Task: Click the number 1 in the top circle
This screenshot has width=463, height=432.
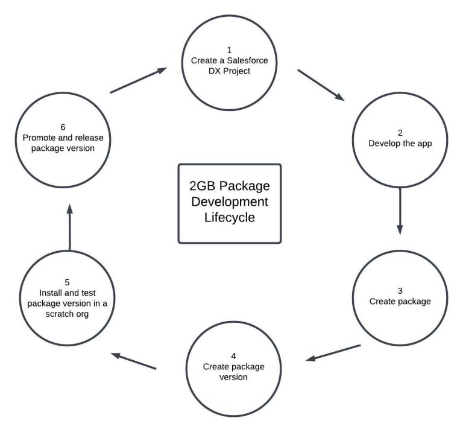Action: point(229,49)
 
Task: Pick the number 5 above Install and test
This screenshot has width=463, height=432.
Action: point(68,282)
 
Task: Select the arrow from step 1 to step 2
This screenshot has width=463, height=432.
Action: point(321,85)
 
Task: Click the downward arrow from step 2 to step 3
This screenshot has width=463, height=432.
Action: point(400,211)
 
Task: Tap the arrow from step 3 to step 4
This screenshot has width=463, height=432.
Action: point(333,353)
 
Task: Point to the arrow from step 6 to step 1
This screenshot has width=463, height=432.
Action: point(138,81)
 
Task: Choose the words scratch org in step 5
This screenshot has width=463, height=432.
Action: point(68,314)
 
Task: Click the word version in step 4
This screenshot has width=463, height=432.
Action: point(233,378)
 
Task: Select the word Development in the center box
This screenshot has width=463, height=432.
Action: point(230,200)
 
